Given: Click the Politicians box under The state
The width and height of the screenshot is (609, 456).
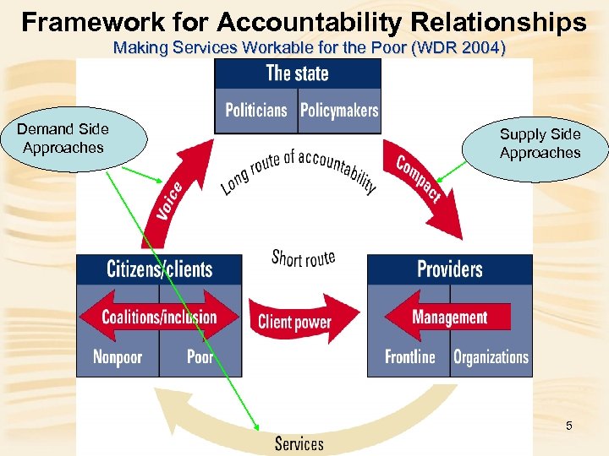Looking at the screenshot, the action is (256, 111).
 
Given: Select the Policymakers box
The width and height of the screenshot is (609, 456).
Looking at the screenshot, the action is (339, 111).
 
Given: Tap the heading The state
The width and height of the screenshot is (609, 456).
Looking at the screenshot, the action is (298, 73).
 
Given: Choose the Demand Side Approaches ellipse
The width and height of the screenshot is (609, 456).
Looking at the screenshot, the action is (63, 139).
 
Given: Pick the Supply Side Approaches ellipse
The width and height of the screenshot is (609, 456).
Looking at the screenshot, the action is (540, 144).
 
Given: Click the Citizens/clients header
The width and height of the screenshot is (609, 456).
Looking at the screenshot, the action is (159, 269).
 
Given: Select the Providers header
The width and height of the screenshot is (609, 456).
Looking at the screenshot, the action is (449, 269).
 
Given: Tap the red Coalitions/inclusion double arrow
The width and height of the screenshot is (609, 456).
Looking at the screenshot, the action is (159, 317).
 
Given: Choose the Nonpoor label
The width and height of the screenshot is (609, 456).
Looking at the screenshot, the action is (118, 356).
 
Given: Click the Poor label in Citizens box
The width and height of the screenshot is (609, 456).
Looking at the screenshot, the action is (200, 356).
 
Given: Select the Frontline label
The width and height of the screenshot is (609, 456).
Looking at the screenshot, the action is (409, 356).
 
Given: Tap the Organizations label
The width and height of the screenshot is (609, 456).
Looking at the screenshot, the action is (491, 356).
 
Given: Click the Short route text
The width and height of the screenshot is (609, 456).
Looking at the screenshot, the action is (303, 258).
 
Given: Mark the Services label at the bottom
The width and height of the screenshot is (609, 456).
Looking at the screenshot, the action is (299, 443).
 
